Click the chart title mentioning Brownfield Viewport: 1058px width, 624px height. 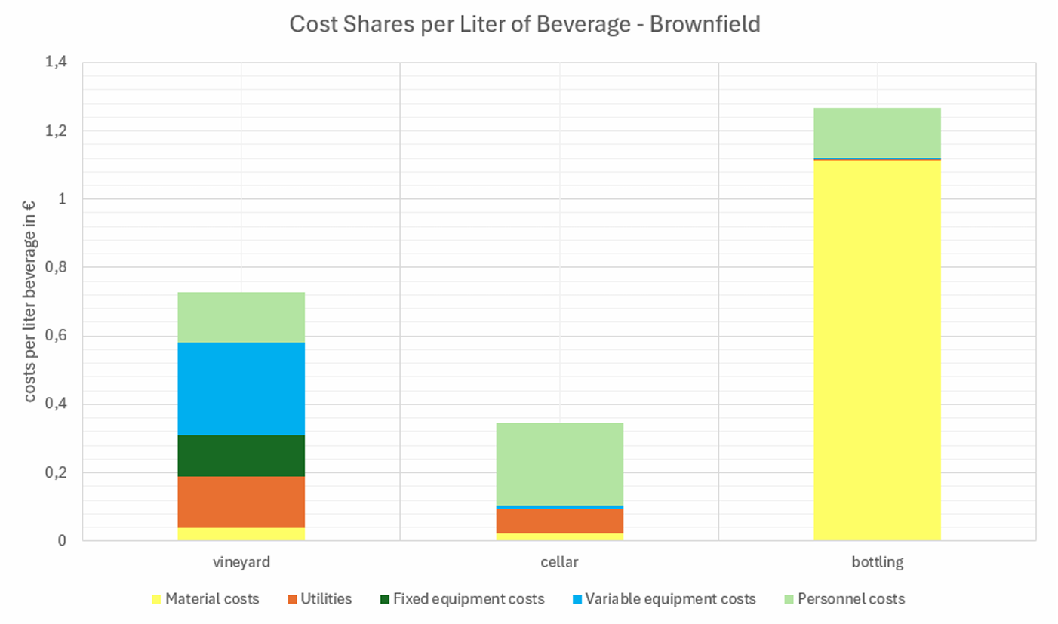524,24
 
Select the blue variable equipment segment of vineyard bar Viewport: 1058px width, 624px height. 241,389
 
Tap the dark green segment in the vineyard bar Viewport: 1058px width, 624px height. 241,455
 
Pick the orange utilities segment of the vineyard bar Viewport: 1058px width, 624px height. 241,502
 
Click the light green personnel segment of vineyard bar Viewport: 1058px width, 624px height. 241,317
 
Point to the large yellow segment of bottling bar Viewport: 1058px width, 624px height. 877,351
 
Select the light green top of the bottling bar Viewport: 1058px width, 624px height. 877,133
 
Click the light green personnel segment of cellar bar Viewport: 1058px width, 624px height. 559,463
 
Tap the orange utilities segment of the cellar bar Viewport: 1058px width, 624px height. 559,521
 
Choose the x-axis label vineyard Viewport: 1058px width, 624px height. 241,563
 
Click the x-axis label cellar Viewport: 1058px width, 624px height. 559,563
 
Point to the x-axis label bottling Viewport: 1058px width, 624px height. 877,563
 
